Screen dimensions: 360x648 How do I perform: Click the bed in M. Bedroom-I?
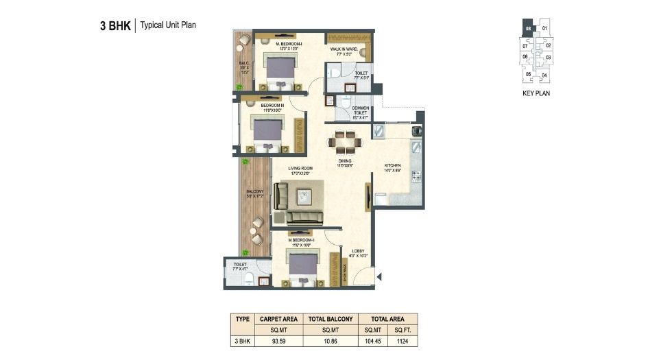tap(280, 72)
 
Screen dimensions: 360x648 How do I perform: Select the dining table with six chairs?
tap(342, 144)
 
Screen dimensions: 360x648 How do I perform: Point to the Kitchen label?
tap(392, 165)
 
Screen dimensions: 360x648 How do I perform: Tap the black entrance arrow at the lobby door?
tap(378, 276)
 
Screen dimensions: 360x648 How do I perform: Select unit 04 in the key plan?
tap(544, 75)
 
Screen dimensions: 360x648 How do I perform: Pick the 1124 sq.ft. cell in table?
tap(401, 339)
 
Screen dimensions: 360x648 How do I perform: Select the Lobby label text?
tap(358, 251)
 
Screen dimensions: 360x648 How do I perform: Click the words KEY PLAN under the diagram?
tap(536, 93)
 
